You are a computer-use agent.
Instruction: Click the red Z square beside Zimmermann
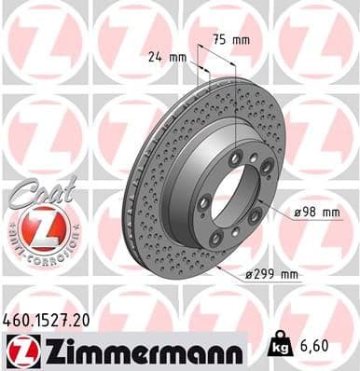(x=19, y=351)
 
